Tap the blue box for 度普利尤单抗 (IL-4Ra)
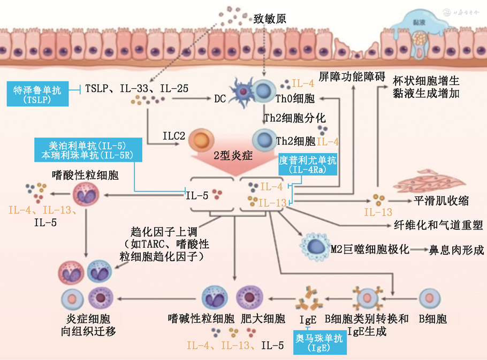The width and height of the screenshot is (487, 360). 308,165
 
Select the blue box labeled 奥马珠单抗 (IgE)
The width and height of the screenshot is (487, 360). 319,342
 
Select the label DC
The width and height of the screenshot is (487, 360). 219,99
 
